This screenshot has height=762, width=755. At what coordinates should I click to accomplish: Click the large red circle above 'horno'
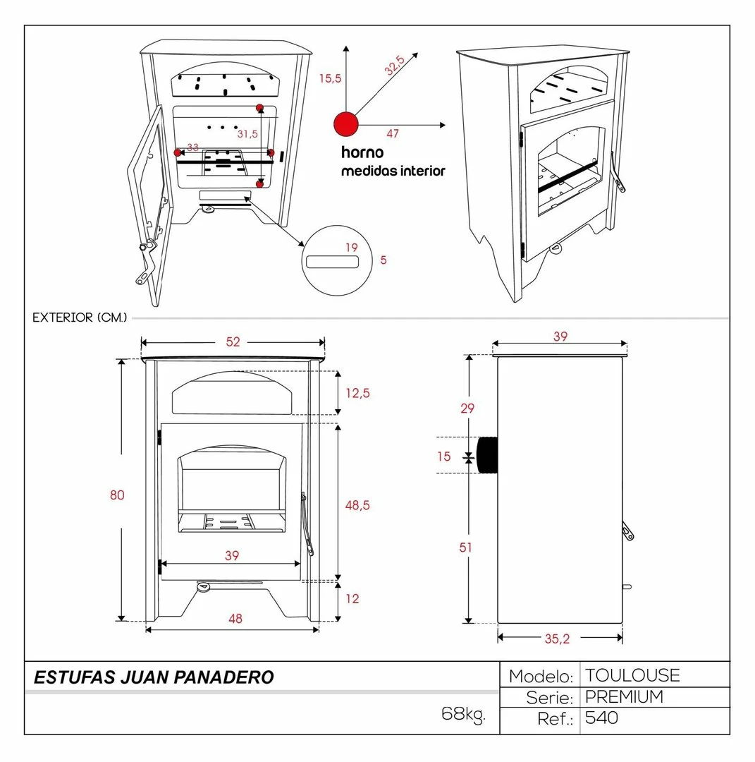click(345, 123)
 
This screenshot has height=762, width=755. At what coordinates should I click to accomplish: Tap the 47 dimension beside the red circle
click(393, 133)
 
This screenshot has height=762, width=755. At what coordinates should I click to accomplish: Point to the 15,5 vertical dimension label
click(330, 78)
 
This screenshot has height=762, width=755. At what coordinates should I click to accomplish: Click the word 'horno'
click(362, 152)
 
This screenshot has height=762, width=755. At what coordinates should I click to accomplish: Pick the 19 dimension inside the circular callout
click(352, 248)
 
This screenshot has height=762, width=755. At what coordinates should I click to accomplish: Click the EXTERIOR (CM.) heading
click(80, 318)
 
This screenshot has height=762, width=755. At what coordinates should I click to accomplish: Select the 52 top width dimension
click(233, 342)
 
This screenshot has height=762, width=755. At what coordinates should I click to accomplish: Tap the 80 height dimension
click(117, 495)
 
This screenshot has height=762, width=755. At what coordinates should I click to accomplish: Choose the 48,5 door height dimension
click(357, 505)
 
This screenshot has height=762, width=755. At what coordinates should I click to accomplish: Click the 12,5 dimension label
click(357, 394)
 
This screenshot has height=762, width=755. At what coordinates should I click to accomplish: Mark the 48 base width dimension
click(235, 619)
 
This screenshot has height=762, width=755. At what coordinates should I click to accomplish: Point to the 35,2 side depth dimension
click(556, 639)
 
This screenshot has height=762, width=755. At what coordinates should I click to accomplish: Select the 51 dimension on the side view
click(466, 548)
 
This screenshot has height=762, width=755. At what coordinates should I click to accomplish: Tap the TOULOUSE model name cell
click(632, 675)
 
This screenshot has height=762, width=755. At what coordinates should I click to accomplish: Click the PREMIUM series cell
click(624, 697)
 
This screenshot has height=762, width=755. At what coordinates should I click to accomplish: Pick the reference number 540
click(601, 718)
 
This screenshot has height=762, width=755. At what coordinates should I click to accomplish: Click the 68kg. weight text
click(463, 713)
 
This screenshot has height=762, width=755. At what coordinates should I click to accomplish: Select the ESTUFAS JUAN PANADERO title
click(154, 678)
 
